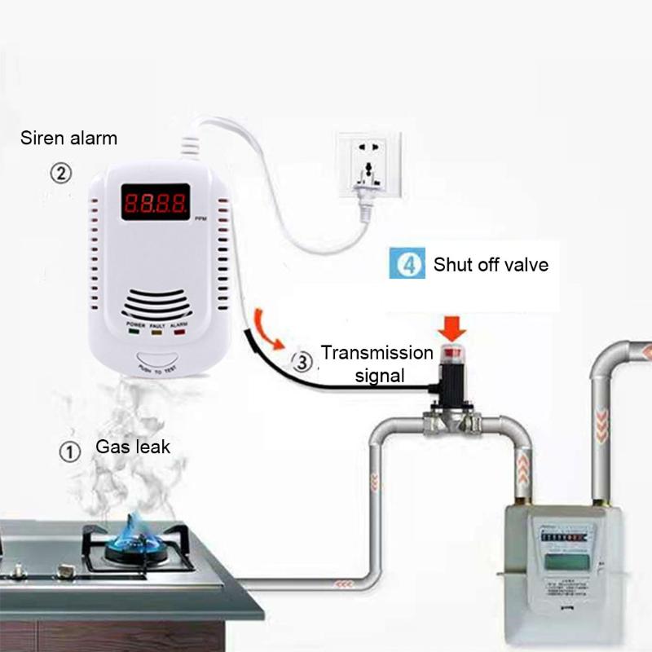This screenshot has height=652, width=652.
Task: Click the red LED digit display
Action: pyautogui.click(x=156, y=200)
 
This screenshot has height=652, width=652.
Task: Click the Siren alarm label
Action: pyautogui.click(x=68, y=138)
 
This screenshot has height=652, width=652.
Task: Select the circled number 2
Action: pyautogui.click(x=61, y=173)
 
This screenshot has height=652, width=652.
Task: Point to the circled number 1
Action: pyautogui.click(x=71, y=451)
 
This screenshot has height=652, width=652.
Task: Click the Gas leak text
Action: pyautogui.click(x=133, y=447)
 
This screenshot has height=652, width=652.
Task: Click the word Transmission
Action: pyautogui.click(x=377, y=353)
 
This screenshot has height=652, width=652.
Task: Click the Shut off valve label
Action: pyautogui.click(x=491, y=264)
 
